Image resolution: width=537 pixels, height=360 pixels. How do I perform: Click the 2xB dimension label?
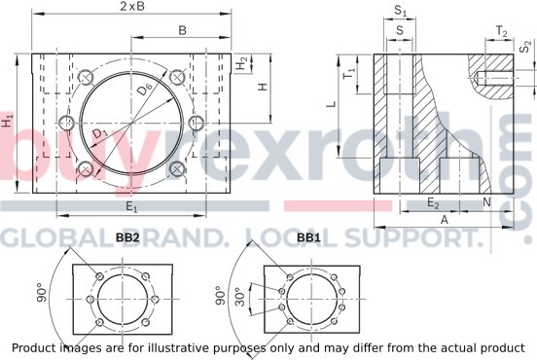point(132,6)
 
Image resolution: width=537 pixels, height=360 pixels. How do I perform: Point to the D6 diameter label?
point(145,90)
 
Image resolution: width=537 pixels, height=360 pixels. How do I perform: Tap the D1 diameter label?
point(100,133)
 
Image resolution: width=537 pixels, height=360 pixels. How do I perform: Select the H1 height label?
point(7,122)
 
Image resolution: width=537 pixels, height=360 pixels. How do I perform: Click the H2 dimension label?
point(242,63)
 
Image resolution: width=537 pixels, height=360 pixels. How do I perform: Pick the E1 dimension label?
point(131,207)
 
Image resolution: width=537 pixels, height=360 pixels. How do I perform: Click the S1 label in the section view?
point(400,11)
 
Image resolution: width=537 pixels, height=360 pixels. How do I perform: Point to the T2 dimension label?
point(502,31)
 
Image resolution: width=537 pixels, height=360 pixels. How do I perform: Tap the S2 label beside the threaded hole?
point(525,47)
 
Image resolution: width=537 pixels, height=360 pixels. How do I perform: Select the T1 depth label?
point(350,73)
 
